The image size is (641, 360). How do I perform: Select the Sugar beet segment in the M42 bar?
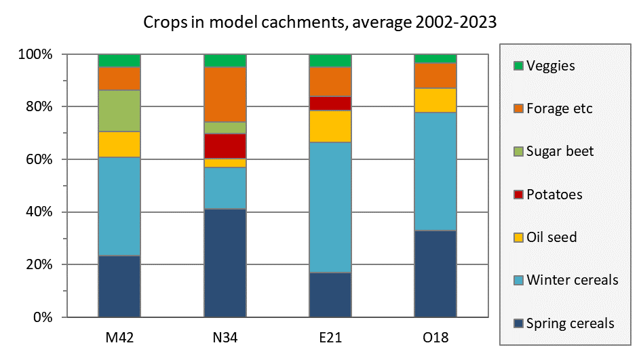pos(119,111)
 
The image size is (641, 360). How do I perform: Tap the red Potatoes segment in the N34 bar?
pos(225,146)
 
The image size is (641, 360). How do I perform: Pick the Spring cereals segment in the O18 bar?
pos(435,274)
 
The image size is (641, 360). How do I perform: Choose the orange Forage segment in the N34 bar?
pos(225,94)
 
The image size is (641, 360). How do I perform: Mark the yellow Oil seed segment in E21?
pos(330,126)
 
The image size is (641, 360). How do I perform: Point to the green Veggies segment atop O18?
pos(435,58)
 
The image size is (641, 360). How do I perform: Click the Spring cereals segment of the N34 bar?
pos(225,263)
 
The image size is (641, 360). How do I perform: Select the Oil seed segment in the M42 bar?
pos(119,144)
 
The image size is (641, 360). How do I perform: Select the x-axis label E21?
pos(330,337)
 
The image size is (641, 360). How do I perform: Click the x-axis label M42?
pos(119,337)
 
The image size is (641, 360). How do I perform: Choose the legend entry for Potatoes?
pos(554,195)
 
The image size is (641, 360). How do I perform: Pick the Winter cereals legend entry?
pos(572,280)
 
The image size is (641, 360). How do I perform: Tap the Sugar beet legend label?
pos(560,151)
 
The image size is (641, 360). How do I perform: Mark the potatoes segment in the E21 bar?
pos(330,103)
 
